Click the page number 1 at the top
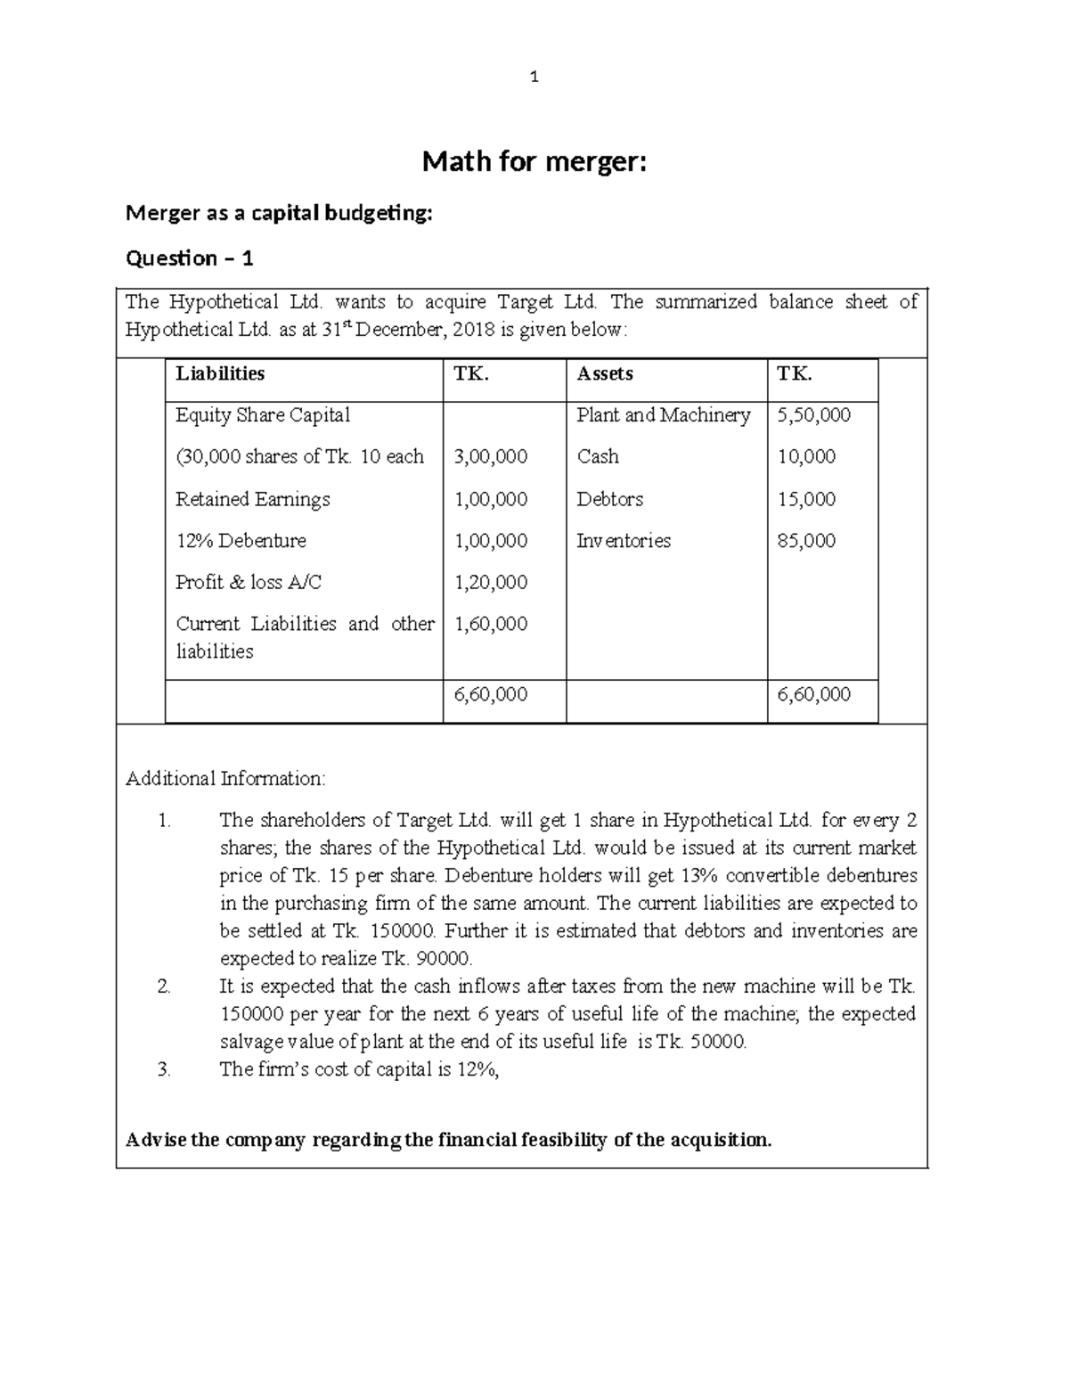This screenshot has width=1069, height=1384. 534,78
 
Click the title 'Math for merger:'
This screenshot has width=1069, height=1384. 534,162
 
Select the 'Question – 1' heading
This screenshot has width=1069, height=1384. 190,258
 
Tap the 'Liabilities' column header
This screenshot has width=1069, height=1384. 220,373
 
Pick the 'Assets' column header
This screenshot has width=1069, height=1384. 605,373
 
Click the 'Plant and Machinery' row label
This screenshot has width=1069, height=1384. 663,415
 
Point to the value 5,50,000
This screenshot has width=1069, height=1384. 813,415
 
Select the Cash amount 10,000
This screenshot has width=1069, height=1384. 806,457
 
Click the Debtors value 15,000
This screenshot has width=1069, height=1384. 806,499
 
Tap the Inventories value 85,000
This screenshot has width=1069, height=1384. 806,541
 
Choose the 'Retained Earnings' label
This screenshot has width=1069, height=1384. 252,499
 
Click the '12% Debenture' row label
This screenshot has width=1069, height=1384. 241,541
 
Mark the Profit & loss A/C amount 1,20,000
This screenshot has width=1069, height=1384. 491,583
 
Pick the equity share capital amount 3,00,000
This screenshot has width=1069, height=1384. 491,457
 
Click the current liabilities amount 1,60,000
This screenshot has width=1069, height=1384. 491,624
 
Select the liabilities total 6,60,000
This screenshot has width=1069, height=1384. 491,694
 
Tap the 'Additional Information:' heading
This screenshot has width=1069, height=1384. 225,779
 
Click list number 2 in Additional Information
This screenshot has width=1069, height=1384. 163,987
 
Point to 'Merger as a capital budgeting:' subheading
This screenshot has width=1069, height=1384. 279,213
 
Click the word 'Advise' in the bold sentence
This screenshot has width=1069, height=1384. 156,1140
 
